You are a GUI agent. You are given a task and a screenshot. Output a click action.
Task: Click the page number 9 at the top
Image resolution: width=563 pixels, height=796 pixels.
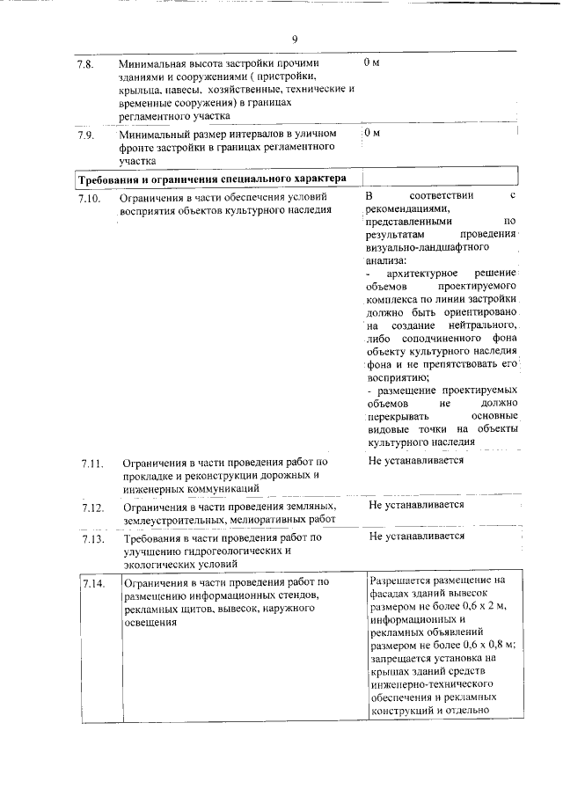tap(295, 39)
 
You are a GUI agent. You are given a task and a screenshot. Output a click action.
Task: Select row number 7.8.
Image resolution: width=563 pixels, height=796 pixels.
tap(85, 64)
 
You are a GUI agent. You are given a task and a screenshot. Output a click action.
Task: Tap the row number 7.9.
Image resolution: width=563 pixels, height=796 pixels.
tap(85, 135)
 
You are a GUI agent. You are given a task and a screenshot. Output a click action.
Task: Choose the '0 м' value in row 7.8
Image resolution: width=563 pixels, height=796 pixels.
tap(371, 63)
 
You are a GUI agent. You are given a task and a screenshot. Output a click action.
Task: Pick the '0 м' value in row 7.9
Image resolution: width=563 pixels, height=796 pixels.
tap(371, 133)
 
